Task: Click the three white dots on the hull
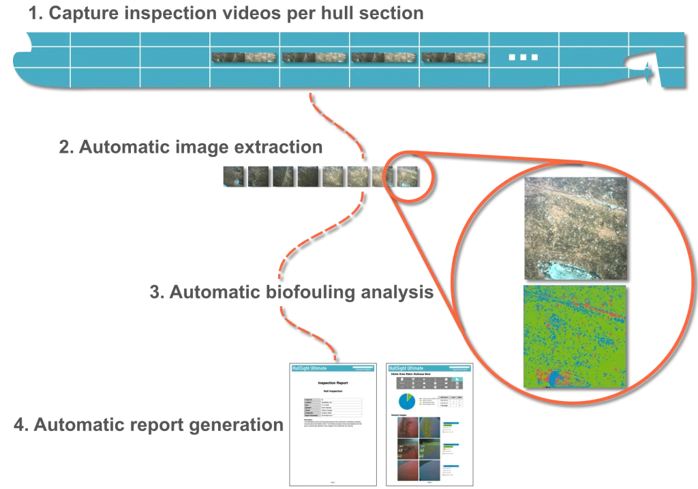[523, 57]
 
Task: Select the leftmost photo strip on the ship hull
[244, 58]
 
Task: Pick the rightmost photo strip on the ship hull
[453, 58]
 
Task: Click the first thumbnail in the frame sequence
[231, 177]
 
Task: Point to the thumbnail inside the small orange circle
[408, 176]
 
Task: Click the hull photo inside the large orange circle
[575, 228]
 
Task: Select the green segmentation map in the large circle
[575, 336]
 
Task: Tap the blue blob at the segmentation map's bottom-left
[550, 378]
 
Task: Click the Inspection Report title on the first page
[333, 383]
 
